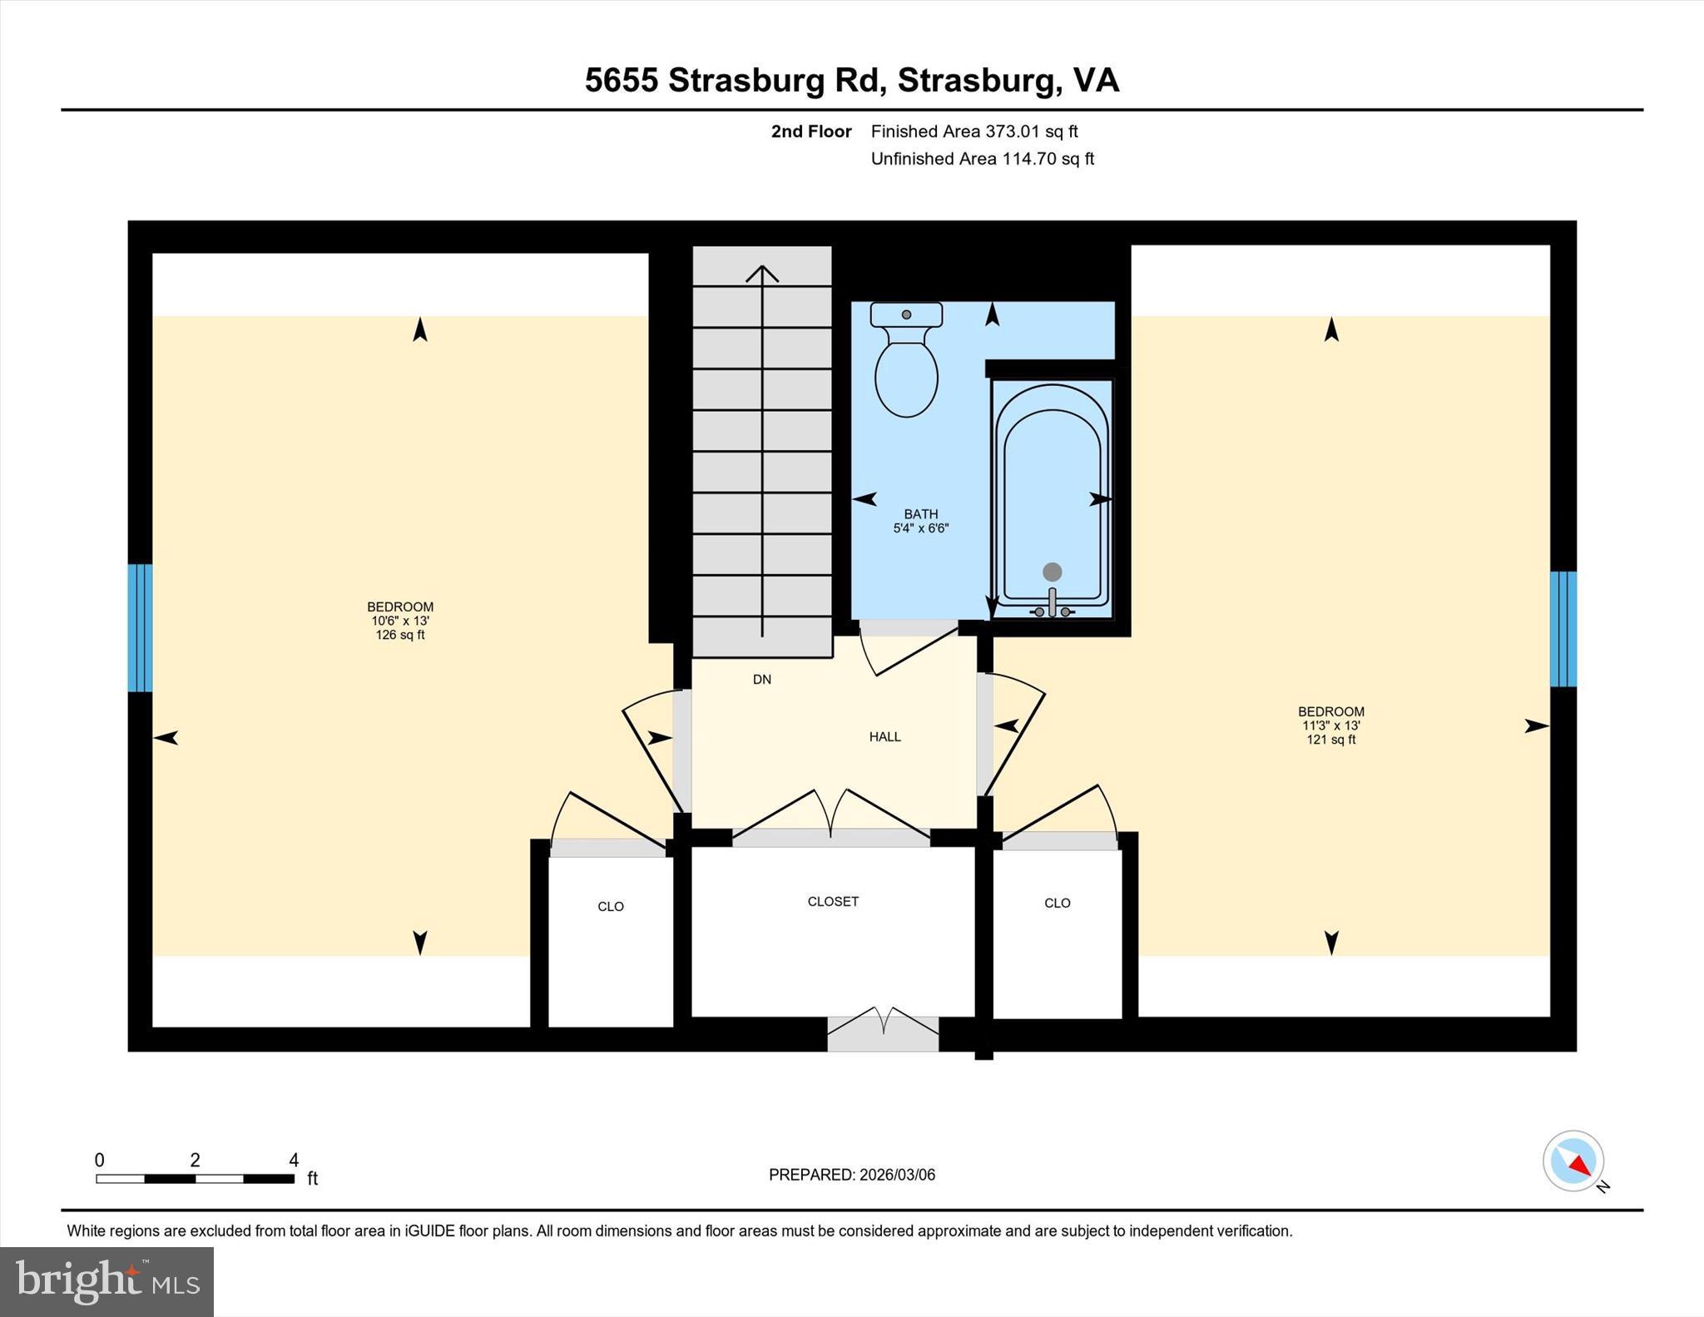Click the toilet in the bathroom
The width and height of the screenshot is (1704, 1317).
pos(906,366)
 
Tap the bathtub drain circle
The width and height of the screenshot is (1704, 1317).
pos(1052,572)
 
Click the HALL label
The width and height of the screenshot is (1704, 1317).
pos(884,736)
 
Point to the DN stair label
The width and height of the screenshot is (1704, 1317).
pos(761,679)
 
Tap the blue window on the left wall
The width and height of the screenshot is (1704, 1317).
pos(140,627)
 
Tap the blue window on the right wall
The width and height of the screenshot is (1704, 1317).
pos(1563,628)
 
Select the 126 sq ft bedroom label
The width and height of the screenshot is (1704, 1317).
pos(400,621)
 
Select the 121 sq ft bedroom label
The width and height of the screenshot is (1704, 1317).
pos(1330,725)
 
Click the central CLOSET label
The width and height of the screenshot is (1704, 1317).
pos(832,901)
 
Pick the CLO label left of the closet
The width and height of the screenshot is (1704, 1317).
pos(610,906)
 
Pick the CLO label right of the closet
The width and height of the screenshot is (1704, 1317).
pos(1057,903)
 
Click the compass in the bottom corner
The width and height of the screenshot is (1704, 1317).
pos(1573,1161)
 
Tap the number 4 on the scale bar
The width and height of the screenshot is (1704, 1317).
pos(293,1160)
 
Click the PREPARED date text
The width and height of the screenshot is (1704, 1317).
pos(851,1175)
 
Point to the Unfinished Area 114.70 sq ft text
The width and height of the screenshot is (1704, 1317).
pos(982,158)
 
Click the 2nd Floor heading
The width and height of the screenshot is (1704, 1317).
pos(810,131)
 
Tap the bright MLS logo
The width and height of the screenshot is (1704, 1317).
pos(106,1281)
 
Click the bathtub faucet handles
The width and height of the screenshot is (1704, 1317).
pos(1052,610)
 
